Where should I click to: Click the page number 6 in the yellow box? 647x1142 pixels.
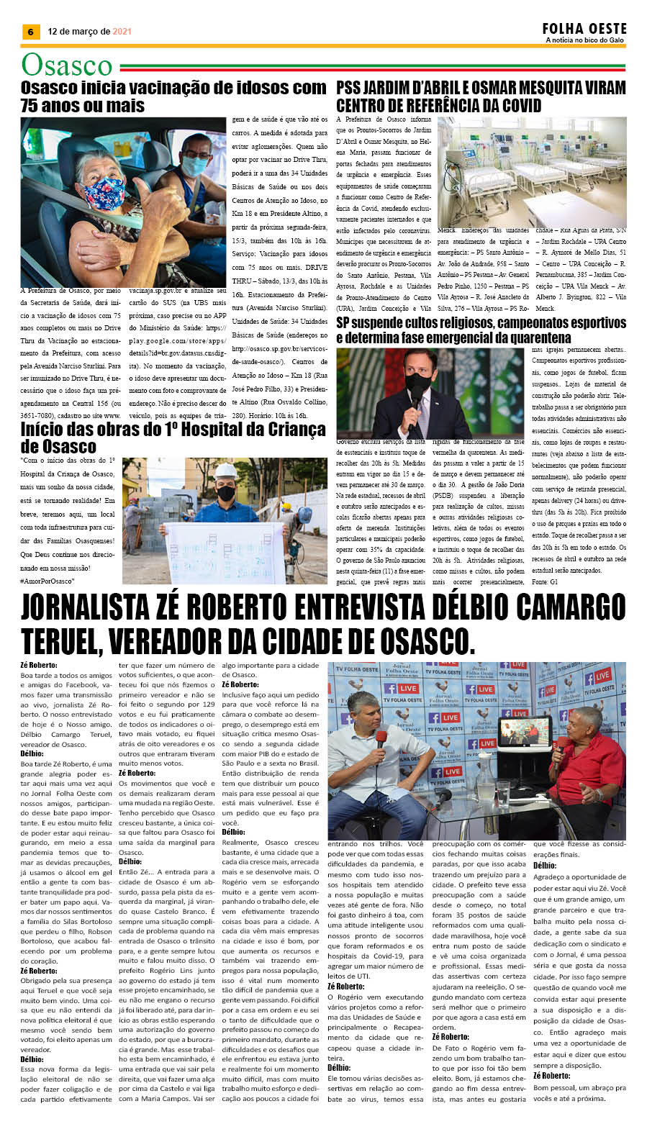pyautogui.click(x=30, y=32)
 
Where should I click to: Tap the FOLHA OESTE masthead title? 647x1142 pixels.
pyautogui.click(x=584, y=29)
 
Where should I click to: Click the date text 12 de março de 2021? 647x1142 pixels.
pyautogui.click(x=89, y=32)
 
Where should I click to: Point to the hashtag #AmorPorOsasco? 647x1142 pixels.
pyautogui.click(x=47, y=581)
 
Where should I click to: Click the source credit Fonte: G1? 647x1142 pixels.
pyautogui.click(x=545, y=581)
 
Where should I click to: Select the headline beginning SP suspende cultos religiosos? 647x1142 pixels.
pyautogui.click(x=481, y=330)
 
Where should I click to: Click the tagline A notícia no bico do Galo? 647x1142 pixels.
pyautogui.click(x=584, y=40)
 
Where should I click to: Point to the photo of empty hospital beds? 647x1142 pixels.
pyautogui.click(x=532, y=172)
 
